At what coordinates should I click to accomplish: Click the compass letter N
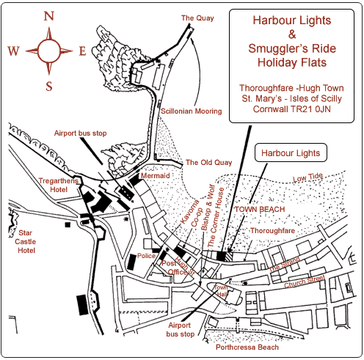point(48,15)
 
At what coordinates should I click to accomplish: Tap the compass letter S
point(48,87)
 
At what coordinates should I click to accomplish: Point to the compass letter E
point(82,51)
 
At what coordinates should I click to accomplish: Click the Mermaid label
point(156,176)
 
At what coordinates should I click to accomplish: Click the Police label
point(147,256)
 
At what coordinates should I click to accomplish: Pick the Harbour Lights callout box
point(290,153)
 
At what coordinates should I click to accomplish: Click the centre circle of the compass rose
point(48,51)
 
